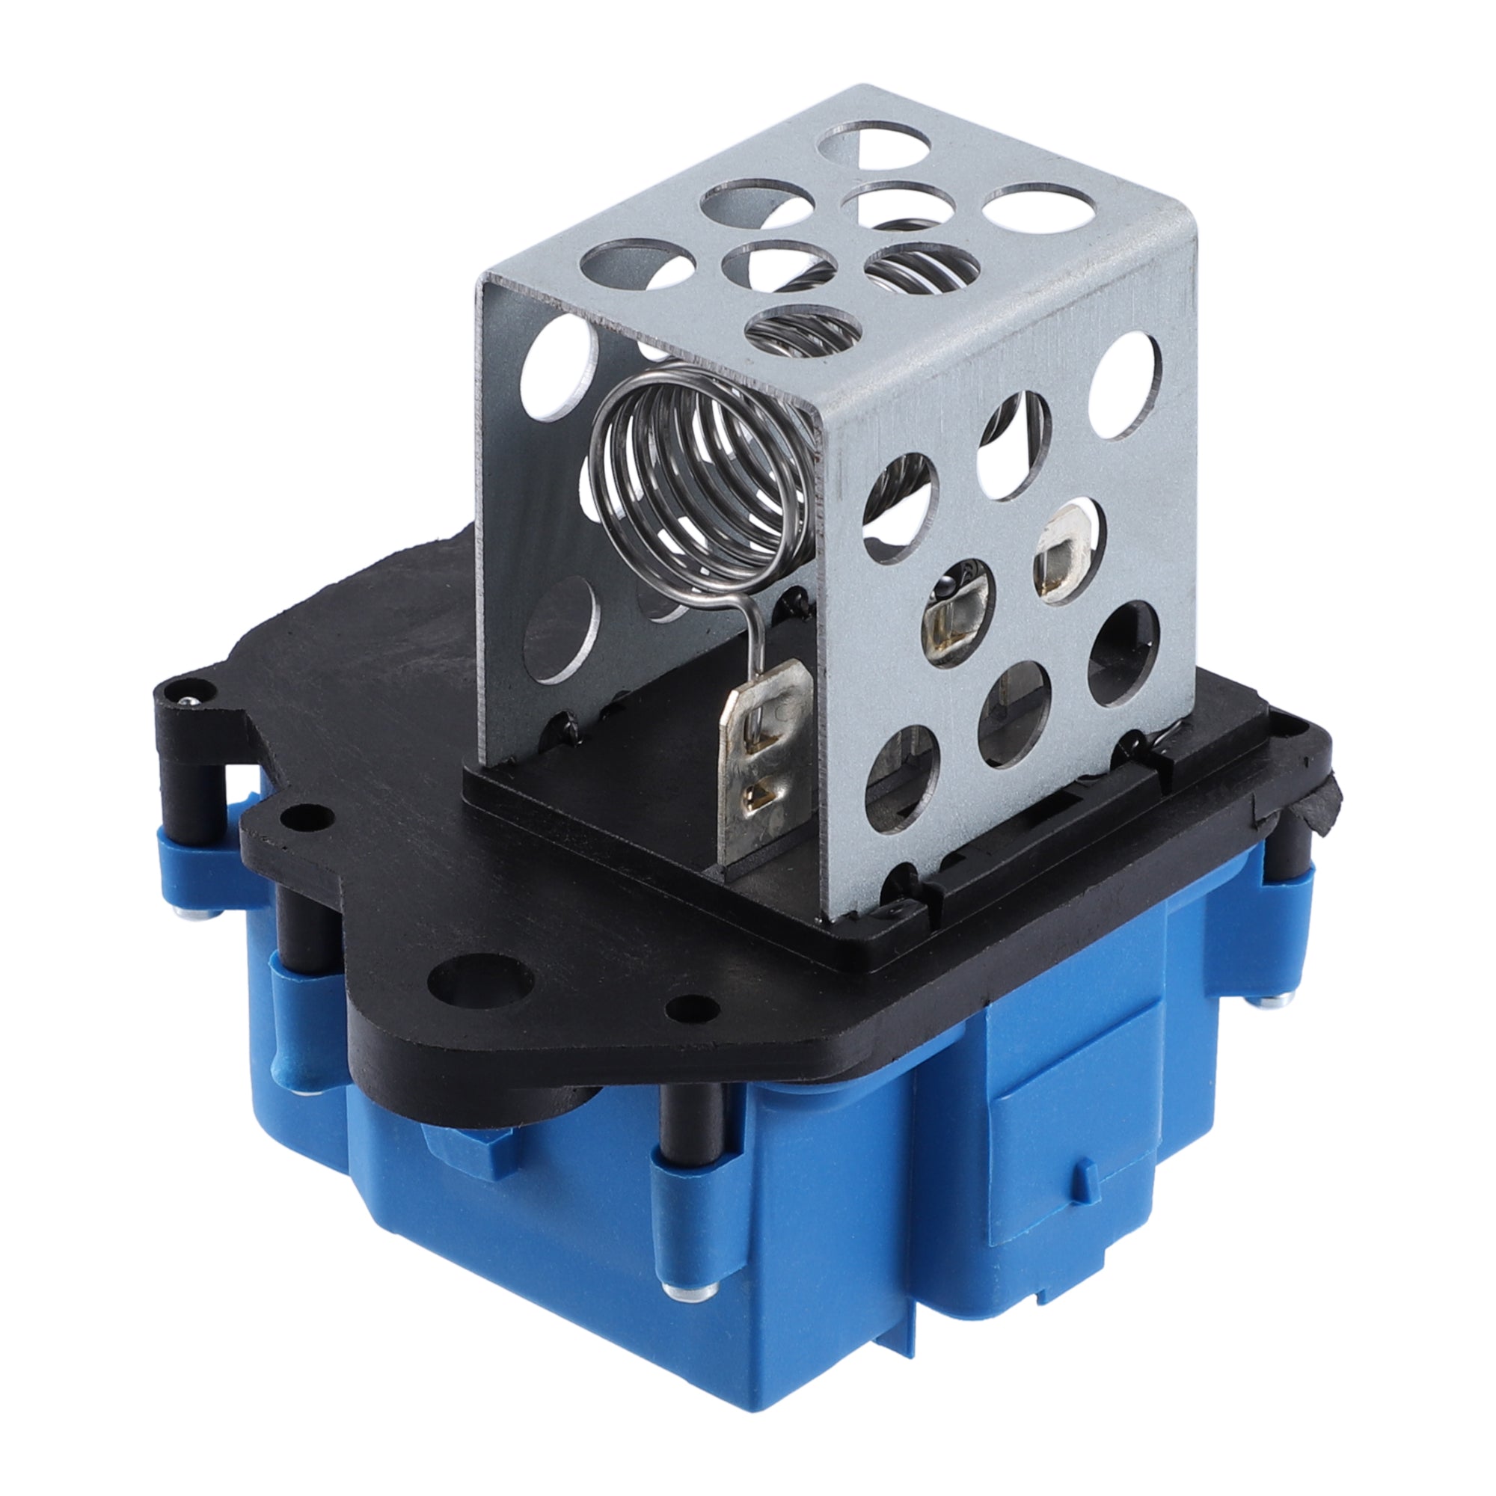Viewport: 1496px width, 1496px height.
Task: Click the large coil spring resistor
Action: pyautogui.click(x=697, y=480)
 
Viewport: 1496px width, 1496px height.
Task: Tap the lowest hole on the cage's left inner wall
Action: pyautogui.click(x=562, y=631)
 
